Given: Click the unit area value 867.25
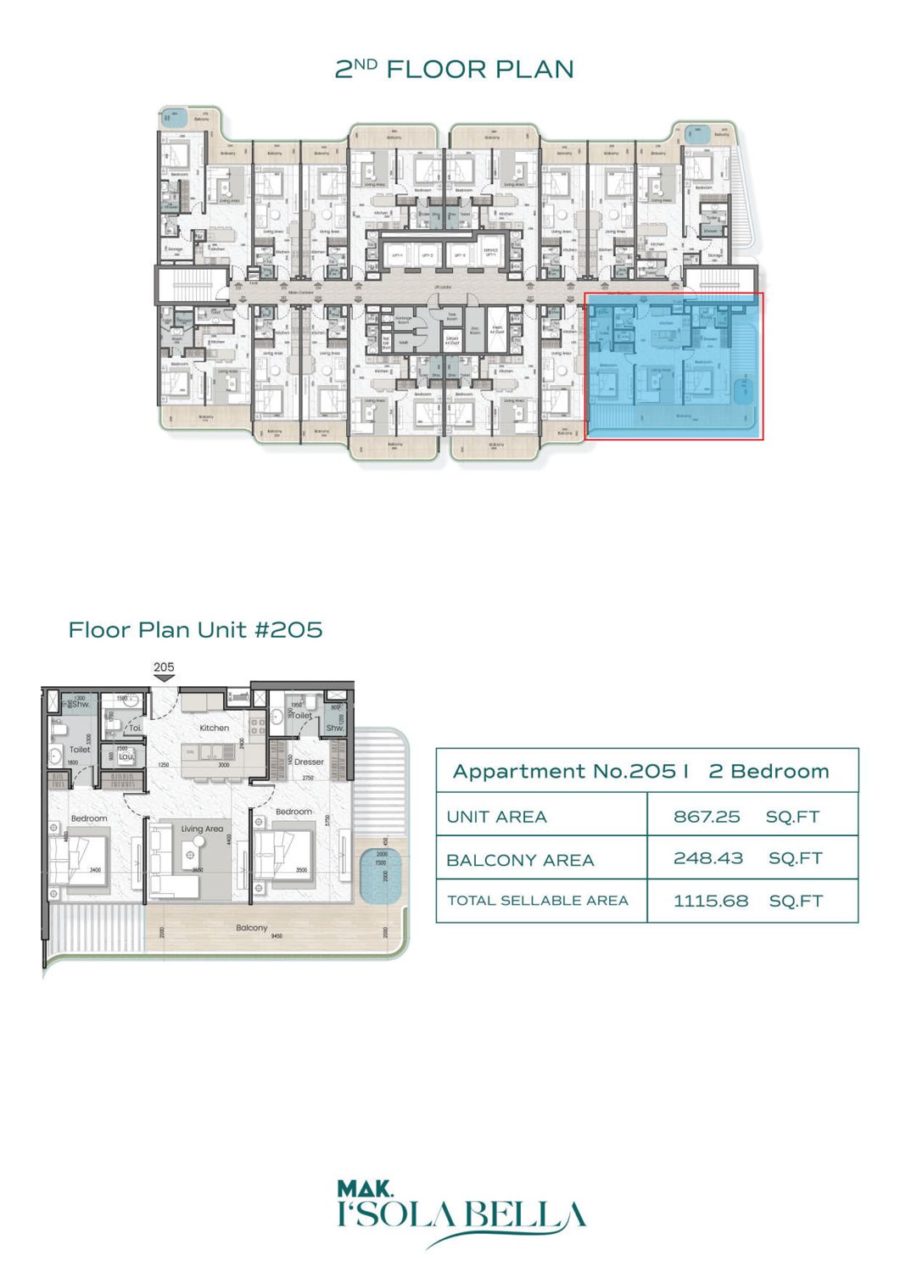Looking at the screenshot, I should click(706, 817).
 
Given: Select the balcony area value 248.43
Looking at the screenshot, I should click(707, 858).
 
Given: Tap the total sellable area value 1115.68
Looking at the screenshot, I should click(710, 901).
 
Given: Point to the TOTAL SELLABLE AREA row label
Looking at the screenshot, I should click(537, 901).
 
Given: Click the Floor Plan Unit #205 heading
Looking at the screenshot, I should click(195, 630).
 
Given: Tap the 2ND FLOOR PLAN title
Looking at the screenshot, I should click(455, 70).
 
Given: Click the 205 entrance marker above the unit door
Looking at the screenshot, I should click(164, 667).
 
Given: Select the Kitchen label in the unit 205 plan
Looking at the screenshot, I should click(214, 728).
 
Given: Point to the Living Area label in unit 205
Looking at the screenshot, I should click(202, 829).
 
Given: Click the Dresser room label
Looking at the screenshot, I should click(309, 762).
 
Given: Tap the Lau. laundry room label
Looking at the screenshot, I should click(126, 756).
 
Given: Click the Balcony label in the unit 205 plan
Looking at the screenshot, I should click(251, 928).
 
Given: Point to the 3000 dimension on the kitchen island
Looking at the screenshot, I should click(224, 765).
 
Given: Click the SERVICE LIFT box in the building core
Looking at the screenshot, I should click(490, 253).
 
